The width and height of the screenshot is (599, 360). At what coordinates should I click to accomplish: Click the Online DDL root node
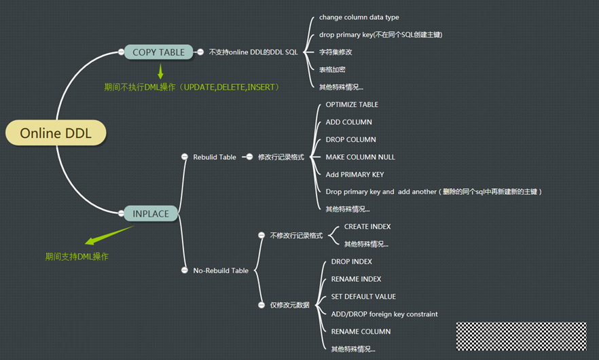click(56, 133)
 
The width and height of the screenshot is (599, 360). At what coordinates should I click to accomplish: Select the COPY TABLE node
click(158, 52)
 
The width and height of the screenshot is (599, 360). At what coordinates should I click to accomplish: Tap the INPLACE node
click(151, 213)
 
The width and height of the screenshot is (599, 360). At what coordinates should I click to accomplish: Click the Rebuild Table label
click(215, 157)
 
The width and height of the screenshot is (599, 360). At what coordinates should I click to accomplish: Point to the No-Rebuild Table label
click(221, 270)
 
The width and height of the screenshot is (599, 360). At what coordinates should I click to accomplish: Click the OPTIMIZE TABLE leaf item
click(352, 105)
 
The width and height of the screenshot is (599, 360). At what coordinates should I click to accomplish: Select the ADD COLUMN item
click(348, 122)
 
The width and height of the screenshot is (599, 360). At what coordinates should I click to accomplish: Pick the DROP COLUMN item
click(350, 139)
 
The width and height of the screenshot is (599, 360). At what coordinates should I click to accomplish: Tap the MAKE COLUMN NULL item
click(360, 157)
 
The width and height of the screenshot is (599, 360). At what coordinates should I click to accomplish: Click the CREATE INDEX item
click(367, 226)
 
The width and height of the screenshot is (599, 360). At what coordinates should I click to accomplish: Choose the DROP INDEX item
click(351, 262)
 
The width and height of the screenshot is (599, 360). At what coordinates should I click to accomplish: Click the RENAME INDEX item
click(356, 279)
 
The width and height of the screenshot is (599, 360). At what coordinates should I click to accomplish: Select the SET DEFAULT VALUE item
click(363, 297)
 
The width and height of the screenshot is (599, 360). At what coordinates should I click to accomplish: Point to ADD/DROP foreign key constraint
click(384, 314)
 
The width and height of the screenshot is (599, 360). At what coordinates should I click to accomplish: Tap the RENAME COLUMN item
click(361, 331)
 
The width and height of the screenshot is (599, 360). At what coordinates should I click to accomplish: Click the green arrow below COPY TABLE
click(161, 71)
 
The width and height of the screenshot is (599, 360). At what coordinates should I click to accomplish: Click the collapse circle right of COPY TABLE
click(200, 52)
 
